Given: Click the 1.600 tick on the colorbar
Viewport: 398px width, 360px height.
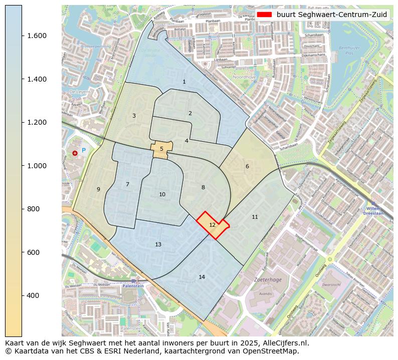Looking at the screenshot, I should (22, 36).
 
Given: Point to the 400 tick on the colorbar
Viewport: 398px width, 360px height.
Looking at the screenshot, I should (22, 295).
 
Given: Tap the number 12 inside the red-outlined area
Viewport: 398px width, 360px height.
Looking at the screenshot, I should (212, 225).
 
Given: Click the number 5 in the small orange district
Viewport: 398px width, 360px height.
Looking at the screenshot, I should (161, 149).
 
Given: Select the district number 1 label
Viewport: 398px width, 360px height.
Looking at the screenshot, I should (184, 82).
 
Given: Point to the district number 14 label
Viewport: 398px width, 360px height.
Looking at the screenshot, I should (202, 277).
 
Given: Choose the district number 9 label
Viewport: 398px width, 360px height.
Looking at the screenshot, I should (98, 189).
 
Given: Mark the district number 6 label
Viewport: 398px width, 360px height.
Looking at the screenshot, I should (247, 166).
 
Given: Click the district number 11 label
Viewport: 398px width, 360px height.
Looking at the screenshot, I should (255, 217).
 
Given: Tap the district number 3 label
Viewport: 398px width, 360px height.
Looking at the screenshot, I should (134, 116).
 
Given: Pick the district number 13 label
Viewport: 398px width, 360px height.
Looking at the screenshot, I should (158, 244).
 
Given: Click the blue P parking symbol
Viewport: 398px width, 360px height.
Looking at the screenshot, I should (84, 150).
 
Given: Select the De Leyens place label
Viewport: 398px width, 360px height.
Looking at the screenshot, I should (79, 92).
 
